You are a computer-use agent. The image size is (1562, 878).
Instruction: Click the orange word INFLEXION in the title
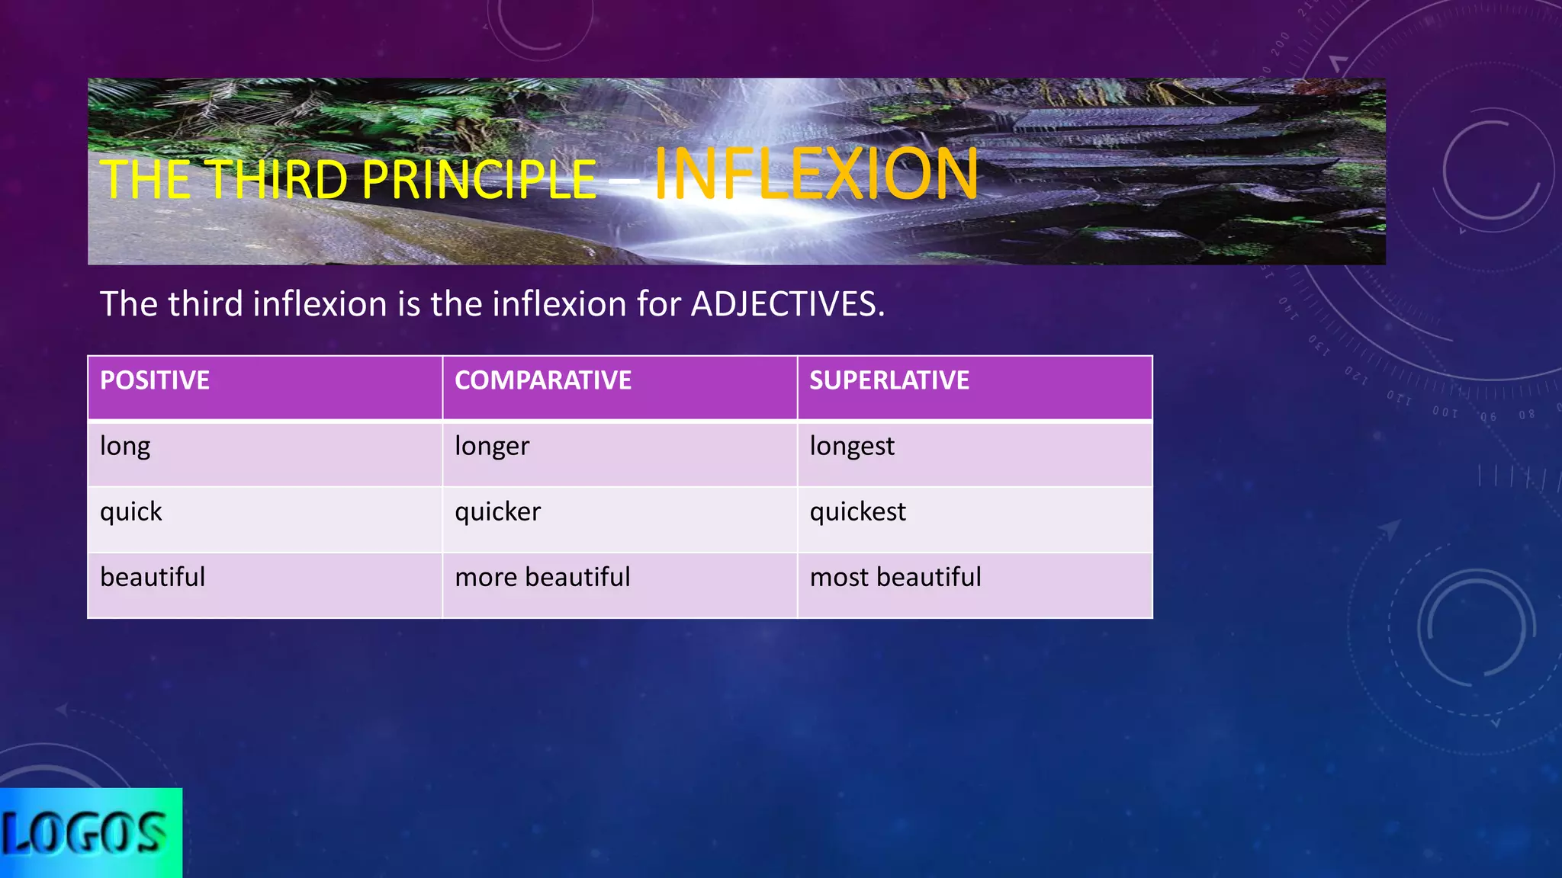click(x=816, y=174)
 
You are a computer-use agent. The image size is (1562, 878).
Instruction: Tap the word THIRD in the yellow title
click(x=278, y=181)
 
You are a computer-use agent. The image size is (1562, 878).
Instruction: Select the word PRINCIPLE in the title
click(x=479, y=181)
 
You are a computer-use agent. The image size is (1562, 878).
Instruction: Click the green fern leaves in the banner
click(x=366, y=114)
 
